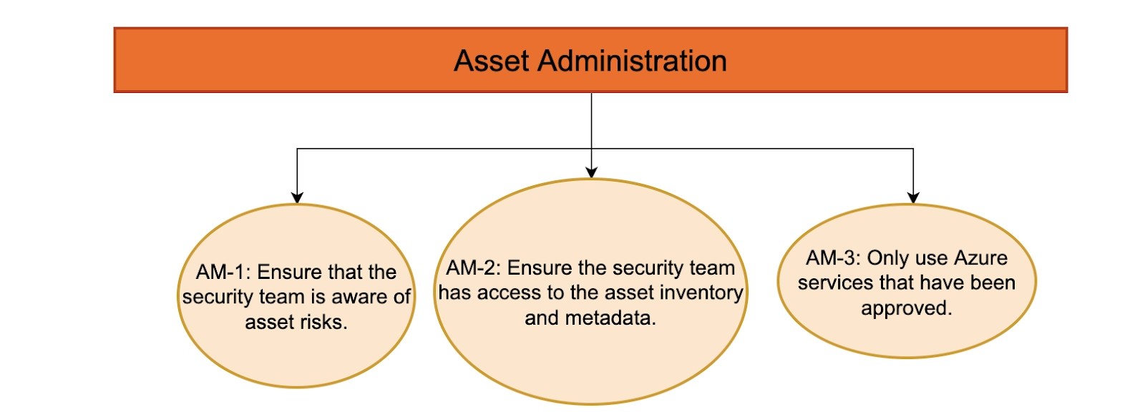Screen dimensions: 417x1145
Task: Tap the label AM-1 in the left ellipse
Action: point(221,273)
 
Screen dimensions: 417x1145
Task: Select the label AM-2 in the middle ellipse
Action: point(472,268)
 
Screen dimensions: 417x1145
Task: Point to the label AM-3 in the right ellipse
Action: point(832,258)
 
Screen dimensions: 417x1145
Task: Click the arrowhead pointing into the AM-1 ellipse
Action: point(297,197)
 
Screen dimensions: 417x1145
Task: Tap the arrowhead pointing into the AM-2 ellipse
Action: point(591,172)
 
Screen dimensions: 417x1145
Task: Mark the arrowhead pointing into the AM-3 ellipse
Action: point(912,197)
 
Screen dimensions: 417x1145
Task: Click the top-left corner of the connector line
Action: point(297,149)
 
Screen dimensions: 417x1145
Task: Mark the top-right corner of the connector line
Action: point(912,149)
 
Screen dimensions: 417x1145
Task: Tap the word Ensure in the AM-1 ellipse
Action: point(290,273)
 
